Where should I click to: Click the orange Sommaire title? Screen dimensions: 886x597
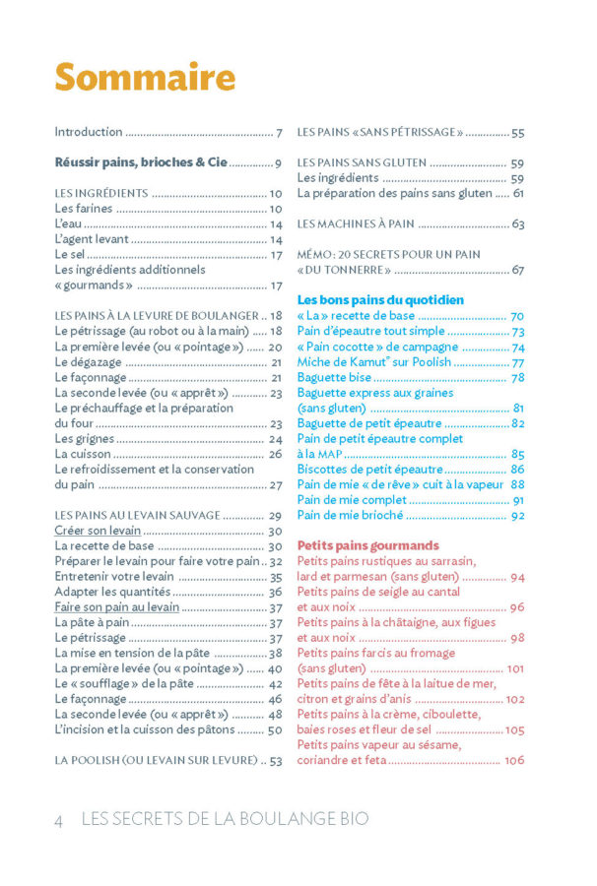145,78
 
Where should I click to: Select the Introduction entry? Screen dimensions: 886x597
89,132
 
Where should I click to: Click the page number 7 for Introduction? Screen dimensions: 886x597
280,132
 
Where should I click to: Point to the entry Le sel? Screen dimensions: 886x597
71,254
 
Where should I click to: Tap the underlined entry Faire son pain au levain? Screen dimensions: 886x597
116,607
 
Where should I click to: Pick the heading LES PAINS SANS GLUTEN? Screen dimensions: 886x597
362,162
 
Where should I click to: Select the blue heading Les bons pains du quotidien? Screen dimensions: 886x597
380,299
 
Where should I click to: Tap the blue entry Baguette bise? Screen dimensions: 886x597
334,377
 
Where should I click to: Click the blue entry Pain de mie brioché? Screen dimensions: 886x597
350,514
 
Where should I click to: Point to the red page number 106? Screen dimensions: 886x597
513,760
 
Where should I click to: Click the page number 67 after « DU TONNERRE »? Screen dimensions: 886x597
517,270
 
